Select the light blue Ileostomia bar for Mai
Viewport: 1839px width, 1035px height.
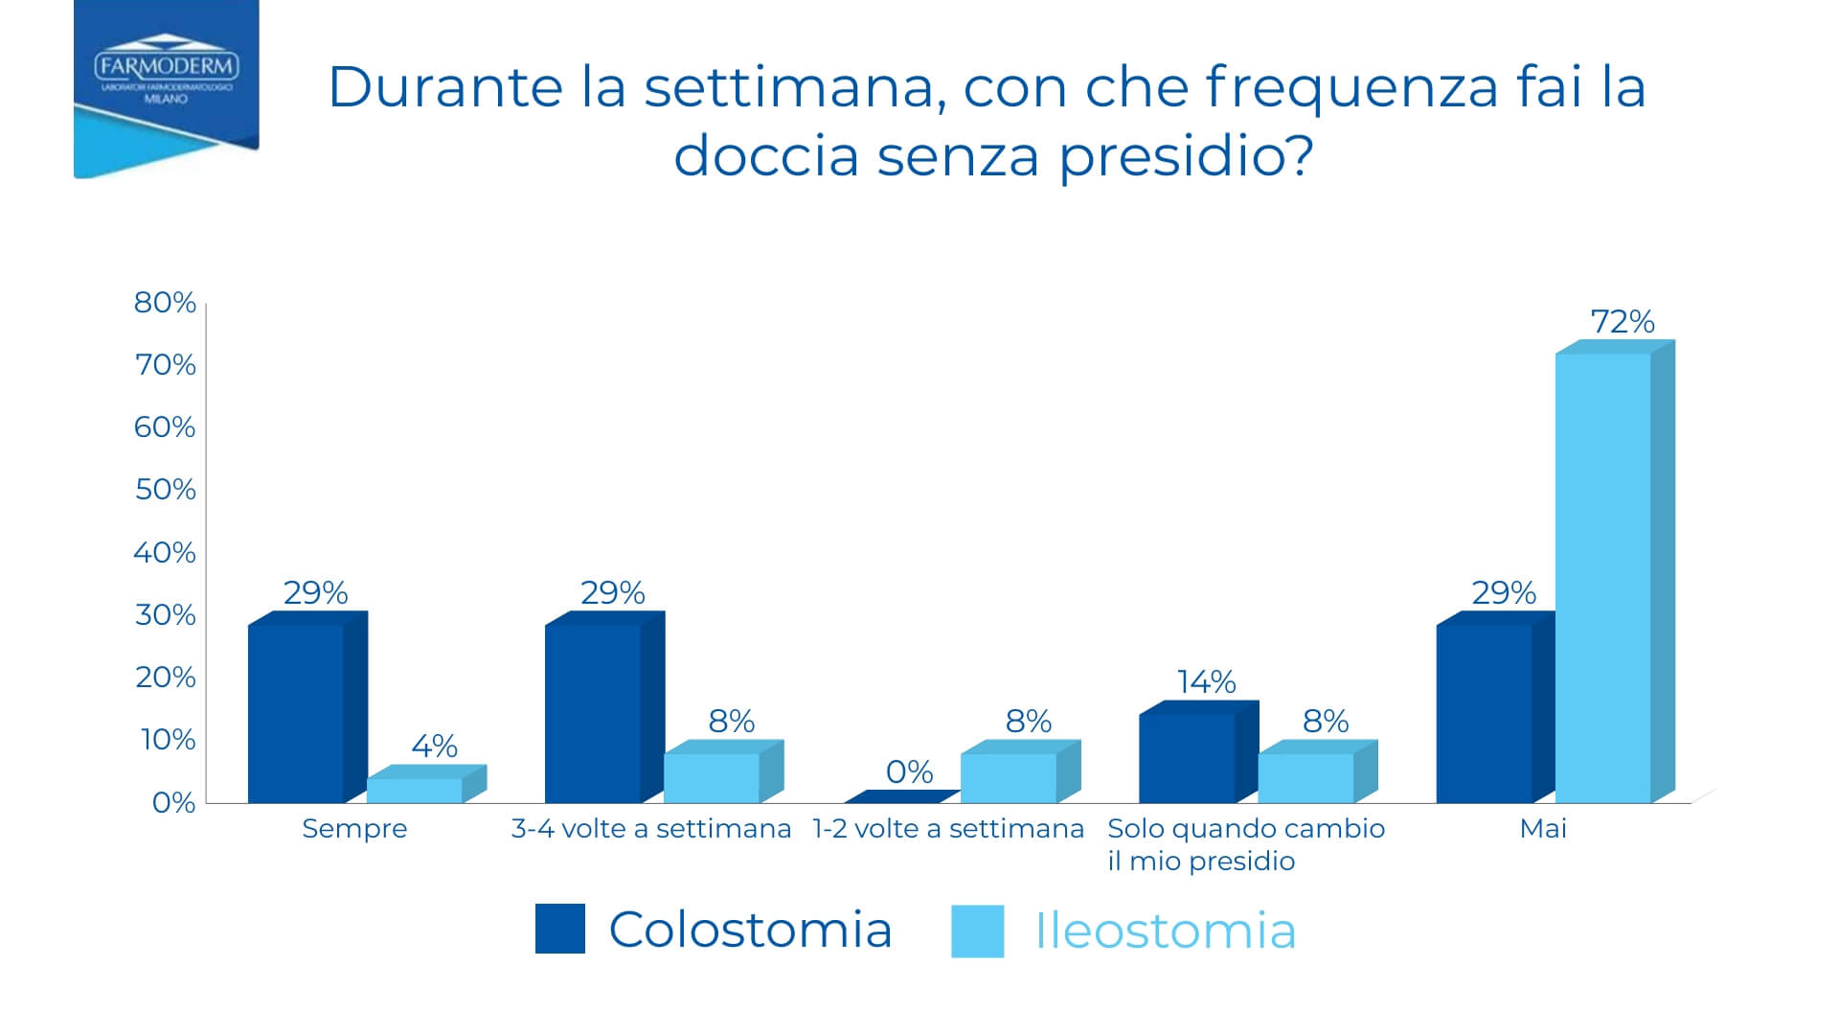(x=1602, y=575)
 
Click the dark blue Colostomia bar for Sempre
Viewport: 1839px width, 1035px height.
(x=295, y=714)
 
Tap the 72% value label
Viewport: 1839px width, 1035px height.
(x=1623, y=322)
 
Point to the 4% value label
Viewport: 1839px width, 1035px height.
(x=434, y=746)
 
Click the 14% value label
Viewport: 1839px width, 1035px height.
(x=1206, y=682)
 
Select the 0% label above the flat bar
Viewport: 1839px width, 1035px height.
(x=909, y=771)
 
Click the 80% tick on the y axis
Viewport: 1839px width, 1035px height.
(x=165, y=303)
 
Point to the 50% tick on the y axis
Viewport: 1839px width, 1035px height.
(x=165, y=490)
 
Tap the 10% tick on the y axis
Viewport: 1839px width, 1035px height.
(x=168, y=740)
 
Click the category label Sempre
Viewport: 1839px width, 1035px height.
(x=354, y=829)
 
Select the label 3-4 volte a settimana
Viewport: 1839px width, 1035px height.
(x=651, y=829)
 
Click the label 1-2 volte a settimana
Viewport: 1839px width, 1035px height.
(x=948, y=829)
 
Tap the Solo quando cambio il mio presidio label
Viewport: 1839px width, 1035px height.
(x=1245, y=843)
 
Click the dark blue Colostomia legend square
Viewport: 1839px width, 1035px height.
(x=559, y=929)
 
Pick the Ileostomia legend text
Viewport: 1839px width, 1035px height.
(x=1166, y=931)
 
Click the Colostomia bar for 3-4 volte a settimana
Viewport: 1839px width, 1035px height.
(x=592, y=714)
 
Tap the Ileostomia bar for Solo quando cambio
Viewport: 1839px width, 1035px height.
(x=1305, y=778)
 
